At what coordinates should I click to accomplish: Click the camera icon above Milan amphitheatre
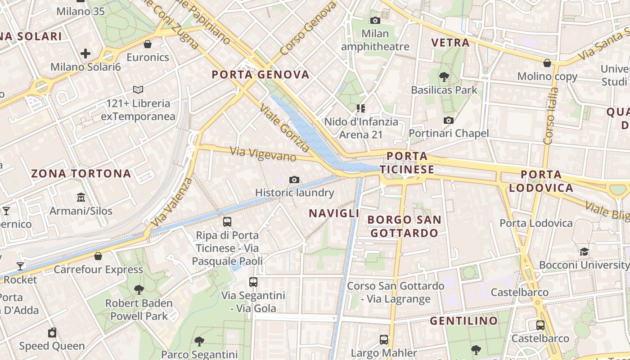pyautogui.click(x=375, y=20)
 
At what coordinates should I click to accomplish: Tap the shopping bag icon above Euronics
pyautogui.click(x=147, y=44)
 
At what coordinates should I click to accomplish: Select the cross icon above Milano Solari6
pyautogui.click(x=85, y=54)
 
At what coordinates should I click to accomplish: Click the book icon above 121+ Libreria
pyautogui.click(x=138, y=90)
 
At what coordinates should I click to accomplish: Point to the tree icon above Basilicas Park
pyautogui.click(x=444, y=76)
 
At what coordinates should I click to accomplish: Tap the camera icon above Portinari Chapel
pyautogui.click(x=448, y=120)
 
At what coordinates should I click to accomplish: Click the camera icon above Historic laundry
pyautogui.click(x=294, y=180)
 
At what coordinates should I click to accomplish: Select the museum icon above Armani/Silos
pyautogui.click(x=81, y=197)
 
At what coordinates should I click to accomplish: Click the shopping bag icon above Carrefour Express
pyautogui.click(x=98, y=256)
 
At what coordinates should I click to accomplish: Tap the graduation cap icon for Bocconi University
pyautogui.click(x=584, y=252)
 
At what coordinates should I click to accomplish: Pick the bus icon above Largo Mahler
pyautogui.click(x=384, y=339)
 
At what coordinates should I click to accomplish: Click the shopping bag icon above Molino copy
pyautogui.click(x=547, y=63)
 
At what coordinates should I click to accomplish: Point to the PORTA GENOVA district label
pyautogui.click(x=261, y=75)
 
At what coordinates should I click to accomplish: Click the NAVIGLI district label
pyautogui.click(x=334, y=213)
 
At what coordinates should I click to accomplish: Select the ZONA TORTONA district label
pyautogui.click(x=81, y=173)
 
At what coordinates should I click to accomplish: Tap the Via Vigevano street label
pyautogui.click(x=263, y=154)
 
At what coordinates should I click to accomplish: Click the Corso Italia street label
pyautogui.click(x=551, y=116)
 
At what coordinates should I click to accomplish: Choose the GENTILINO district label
pyautogui.click(x=463, y=321)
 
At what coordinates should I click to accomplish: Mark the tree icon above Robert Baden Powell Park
pyautogui.click(x=139, y=289)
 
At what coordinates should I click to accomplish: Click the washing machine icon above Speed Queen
pyautogui.click(x=52, y=333)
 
